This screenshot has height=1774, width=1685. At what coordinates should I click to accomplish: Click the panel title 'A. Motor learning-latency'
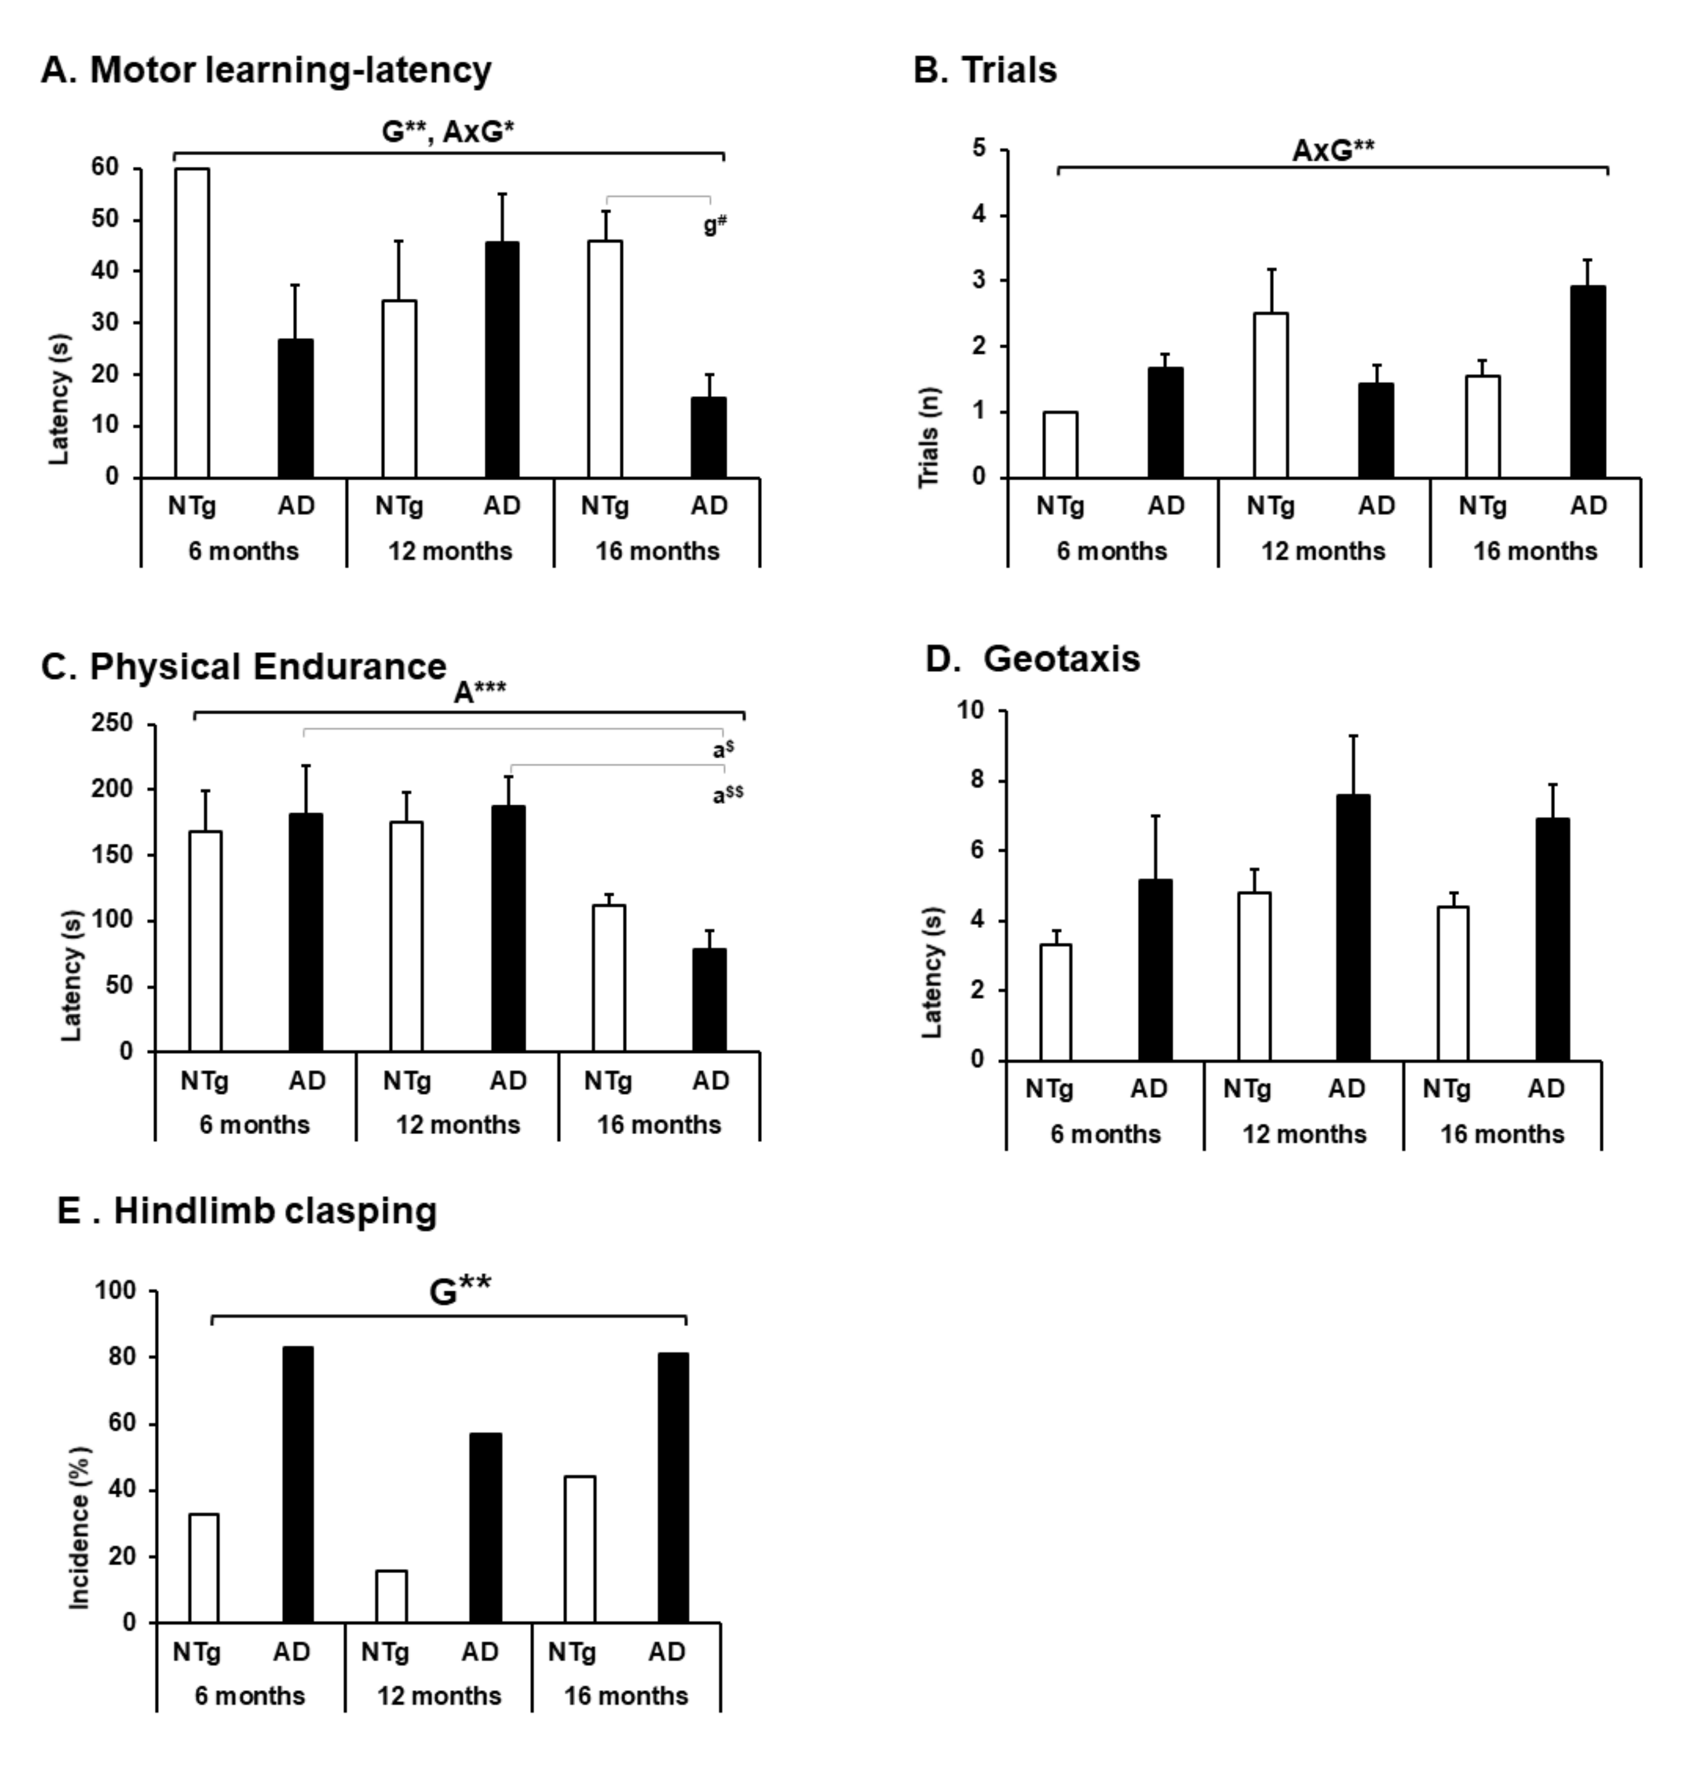pos(266,70)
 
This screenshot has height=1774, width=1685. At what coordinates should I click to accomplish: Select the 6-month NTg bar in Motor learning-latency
pos(192,324)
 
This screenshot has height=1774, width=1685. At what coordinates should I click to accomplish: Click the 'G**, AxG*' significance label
pos(447,132)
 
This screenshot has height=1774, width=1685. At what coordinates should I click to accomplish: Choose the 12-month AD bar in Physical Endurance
pos(508,929)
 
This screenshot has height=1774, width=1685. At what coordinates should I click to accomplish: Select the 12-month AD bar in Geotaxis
pos(1353,928)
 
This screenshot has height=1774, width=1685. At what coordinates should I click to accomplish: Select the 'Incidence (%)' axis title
pos(80,1527)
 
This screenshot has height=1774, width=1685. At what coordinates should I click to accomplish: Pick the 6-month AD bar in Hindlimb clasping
pos(297,1485)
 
